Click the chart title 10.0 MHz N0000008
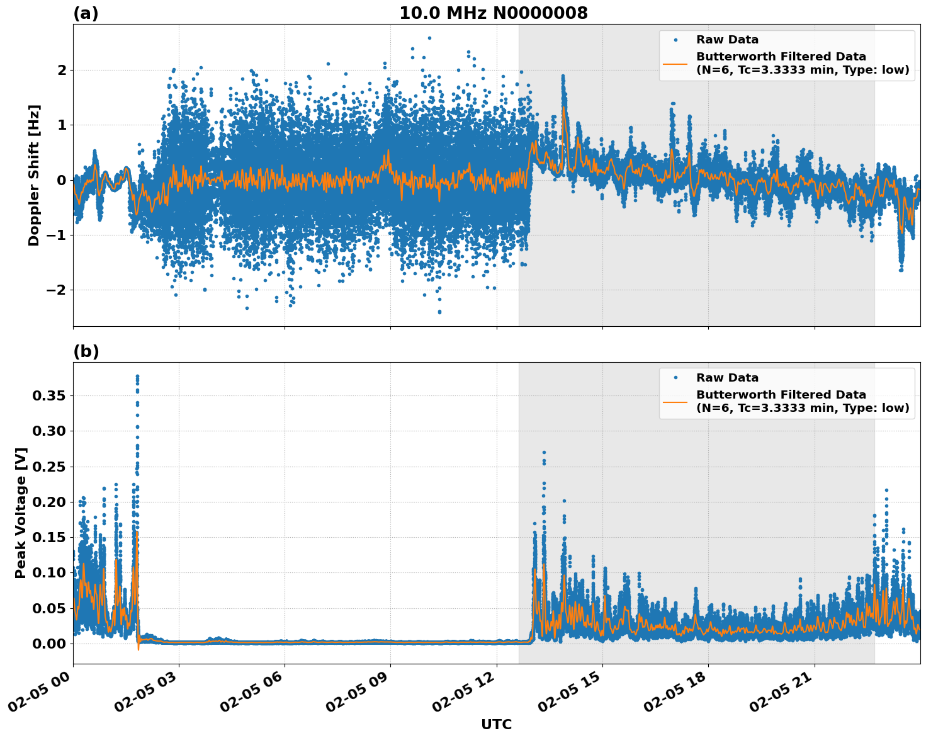point(493,13)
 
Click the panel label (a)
point(86,13)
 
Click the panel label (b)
point(86,351)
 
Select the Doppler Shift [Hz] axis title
point(34,175)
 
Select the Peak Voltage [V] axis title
point(21,513)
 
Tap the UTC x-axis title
point(496,724)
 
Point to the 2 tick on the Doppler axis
point(61,70)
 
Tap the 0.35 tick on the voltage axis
point(49,395)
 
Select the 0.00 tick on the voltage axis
point(49,643)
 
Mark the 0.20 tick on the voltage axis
point(49,502)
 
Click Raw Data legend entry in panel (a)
point(727,40)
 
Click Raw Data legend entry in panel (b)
point(727,378)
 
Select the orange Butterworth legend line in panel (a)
point(675,63)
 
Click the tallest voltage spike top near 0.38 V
point(137,377)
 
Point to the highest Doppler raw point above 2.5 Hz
point(429,38)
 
